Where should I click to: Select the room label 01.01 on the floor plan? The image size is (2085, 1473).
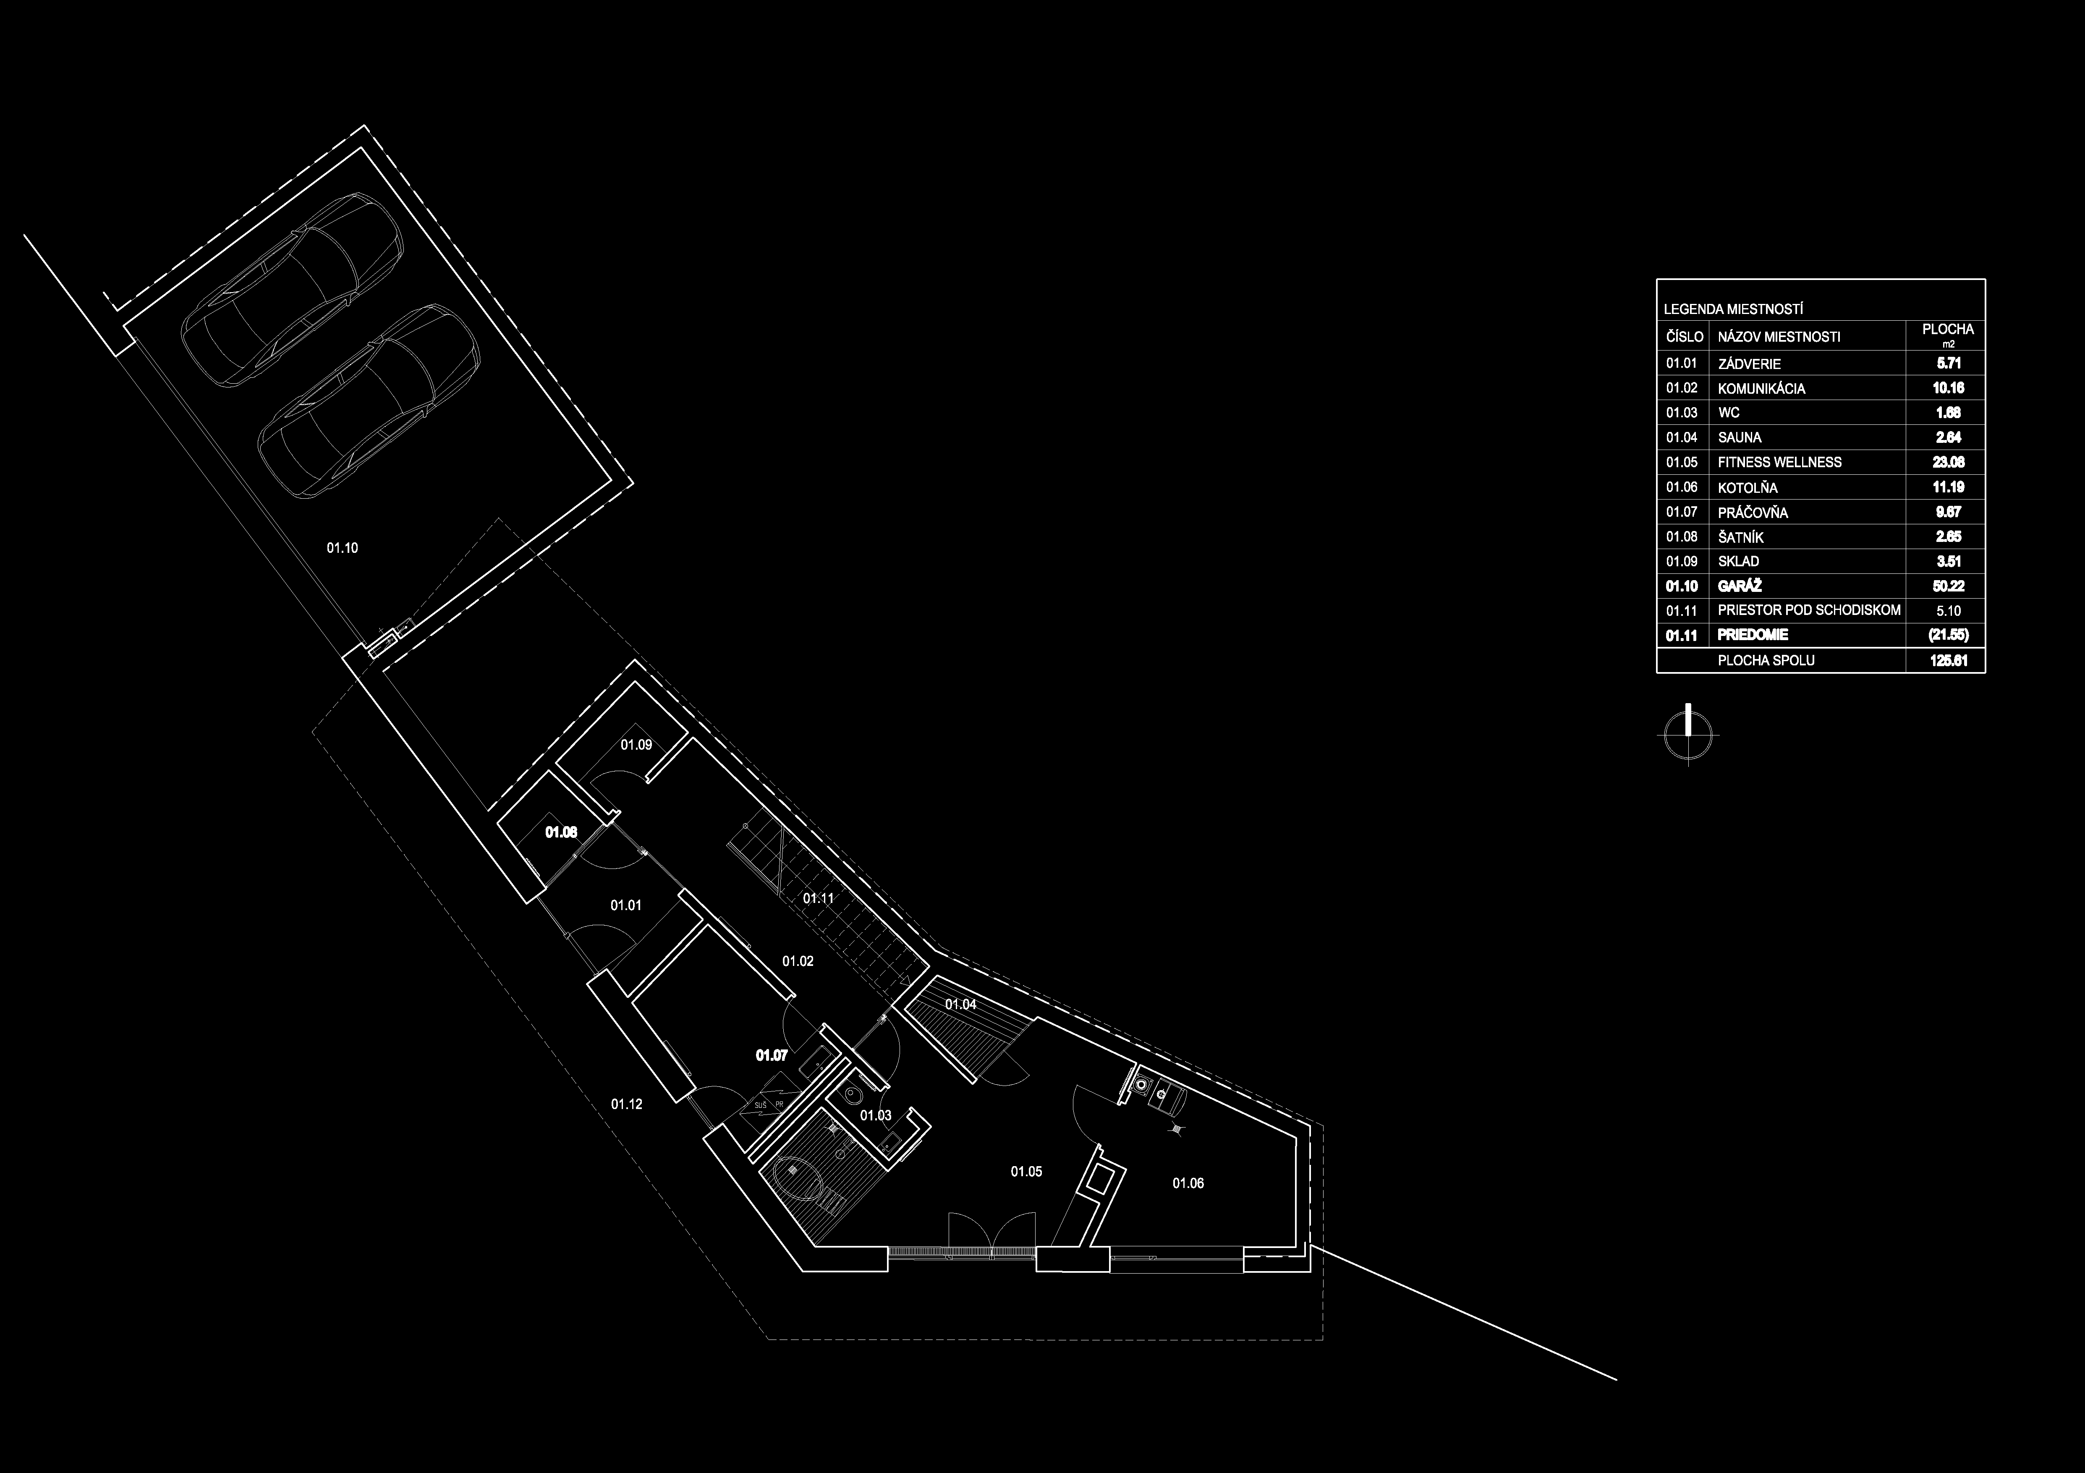click(x=626, y=905)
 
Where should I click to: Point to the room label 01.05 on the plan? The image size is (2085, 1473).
click(x=1026, y=1172)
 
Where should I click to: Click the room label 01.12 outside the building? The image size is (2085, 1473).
click(x=627, y=1104)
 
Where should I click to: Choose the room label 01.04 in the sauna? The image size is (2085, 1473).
click(x=961, y=1005)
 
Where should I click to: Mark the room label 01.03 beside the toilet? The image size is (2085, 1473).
click(x=875, y=1115)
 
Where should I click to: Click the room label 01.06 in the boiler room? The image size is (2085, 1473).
click(x=1188, y=1183)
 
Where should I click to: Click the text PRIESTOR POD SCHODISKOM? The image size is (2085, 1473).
click(x=1809, y=610)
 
